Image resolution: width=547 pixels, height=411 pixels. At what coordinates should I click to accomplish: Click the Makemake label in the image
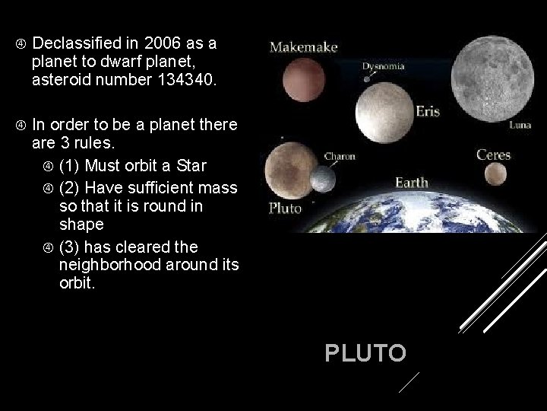tap(304, 47)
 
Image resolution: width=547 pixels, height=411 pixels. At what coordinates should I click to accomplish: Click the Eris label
tap(428, 111)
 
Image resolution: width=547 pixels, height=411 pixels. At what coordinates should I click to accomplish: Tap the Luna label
tap(520, 125)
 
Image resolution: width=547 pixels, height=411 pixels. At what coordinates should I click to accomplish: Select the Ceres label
tap(493, 155)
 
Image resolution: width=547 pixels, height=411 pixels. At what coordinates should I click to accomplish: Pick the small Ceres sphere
tap(495, 174)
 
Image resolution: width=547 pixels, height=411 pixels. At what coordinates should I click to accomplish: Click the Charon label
tap(340, 157)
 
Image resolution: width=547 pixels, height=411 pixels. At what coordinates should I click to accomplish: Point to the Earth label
tap(411, 183)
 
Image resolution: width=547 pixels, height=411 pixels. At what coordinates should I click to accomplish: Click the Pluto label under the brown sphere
tap(286, 209)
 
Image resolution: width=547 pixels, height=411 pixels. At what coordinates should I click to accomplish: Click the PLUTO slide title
tap(365, 353)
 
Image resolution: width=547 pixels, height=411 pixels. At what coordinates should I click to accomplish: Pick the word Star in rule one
tap(191, 165)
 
